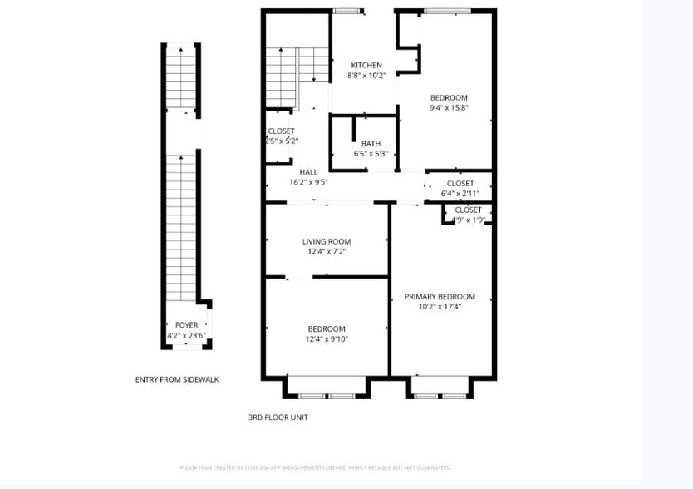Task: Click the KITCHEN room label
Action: pos(366,66)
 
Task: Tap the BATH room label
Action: pos(371,144)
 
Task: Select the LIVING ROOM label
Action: pos(327,242)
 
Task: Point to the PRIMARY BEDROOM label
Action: pos(440,297)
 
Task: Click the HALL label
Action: pos(308,172)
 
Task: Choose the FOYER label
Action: pos(186,325)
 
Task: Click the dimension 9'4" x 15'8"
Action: pos(449,107)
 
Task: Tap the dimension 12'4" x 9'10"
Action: pos(327,339)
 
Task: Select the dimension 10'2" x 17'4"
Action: pos(440,307)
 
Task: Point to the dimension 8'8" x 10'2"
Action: pos(366,76)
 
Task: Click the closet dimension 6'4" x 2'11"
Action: pos(460,194)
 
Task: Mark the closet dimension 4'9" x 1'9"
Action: pos(468,220)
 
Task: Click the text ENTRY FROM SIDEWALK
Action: pos(177,379)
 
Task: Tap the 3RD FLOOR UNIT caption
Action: pos(278,417)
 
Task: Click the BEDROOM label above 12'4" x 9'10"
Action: pos(327,329)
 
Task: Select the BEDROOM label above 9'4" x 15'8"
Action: pos(449,97)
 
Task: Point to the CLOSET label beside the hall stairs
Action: pos(281,131)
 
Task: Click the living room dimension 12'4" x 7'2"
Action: pos(327,252)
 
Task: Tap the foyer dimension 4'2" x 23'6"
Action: pos(186,336)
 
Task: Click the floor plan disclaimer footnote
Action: pos(316,468)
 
